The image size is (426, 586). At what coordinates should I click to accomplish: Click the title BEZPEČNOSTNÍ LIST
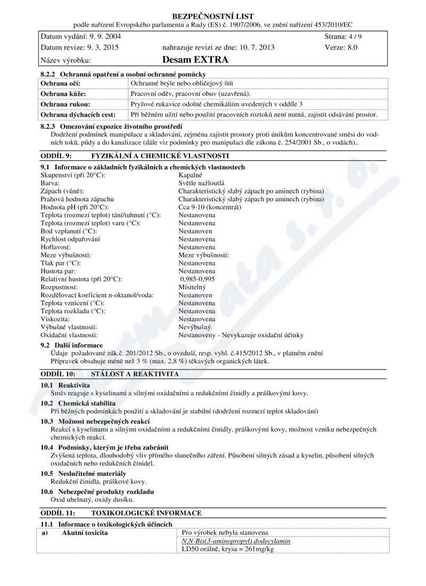tap(213, 16)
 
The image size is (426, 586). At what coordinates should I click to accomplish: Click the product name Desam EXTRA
tap(195, 60)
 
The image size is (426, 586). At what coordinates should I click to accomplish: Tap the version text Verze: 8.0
tap(341, 47)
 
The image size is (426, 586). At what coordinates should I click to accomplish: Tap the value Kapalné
tap(191, 175)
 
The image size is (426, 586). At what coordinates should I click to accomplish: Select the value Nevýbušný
tap(194, 327)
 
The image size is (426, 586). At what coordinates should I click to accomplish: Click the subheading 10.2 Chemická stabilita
tap(78, 403)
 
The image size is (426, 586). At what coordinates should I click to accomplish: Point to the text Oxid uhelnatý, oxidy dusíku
tap(92, 500)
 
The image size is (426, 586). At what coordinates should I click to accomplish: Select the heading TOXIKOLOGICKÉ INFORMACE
tap(147, 513)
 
